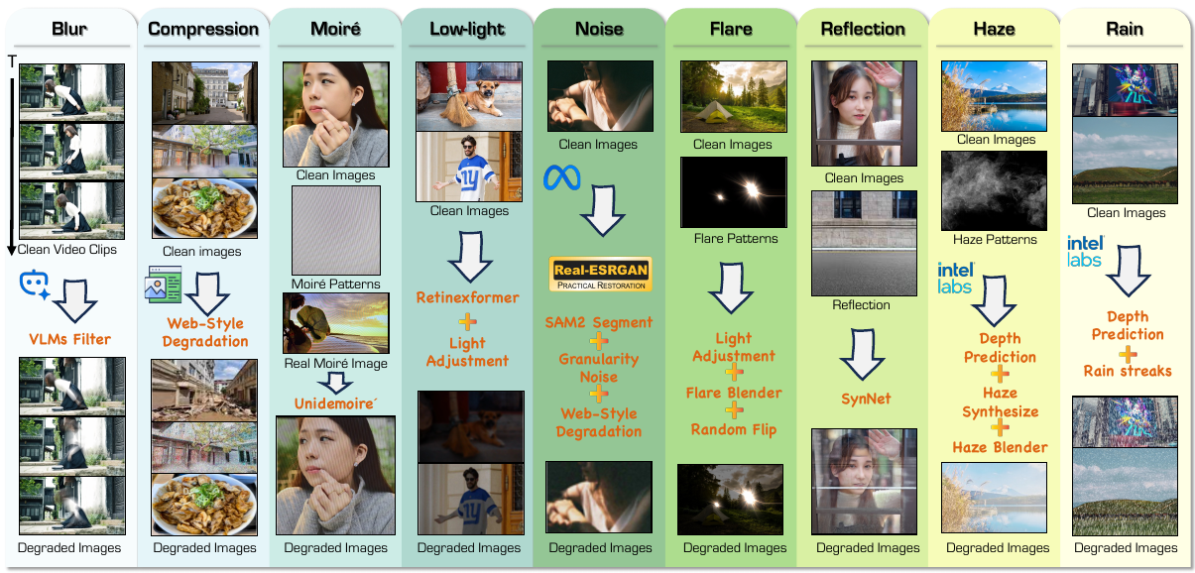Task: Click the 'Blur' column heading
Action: click(70, 29)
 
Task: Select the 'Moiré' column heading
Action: click(335, 29)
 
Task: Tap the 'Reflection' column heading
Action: click(864, 29)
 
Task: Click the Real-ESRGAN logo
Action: click(600, 275)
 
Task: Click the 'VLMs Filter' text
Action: click(69, 339)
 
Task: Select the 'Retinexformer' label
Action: click(467, 296)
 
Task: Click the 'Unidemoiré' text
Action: click(335, 402)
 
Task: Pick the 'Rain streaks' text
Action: click(1128, 371)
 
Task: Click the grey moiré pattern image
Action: click(335, 231)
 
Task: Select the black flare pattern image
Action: click(735, 192)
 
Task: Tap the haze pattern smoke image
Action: click(995, 190)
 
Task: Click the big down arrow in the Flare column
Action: click(735, 288)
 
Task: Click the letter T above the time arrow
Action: click(12, 62)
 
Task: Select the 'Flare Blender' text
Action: click(735, 393)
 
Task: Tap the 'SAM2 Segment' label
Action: click(599, 322)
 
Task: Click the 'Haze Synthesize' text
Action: click(1000, 401)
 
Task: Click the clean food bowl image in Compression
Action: click(203, 207)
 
